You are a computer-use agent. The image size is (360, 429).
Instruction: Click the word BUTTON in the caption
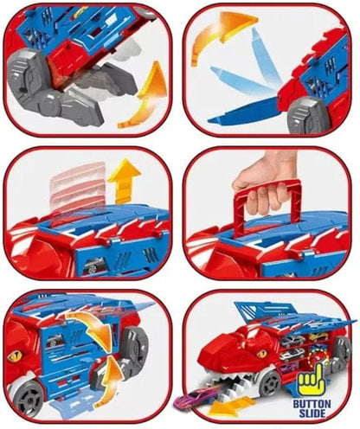(x=312, y=403)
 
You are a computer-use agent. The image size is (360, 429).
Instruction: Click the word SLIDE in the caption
(x=312, y=413)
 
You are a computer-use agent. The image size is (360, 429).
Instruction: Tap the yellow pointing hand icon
(x=312, y=378)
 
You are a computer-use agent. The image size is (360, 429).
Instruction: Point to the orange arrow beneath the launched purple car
(x=227, y=406)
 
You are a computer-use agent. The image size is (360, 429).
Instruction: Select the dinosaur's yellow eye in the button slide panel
(x=262, y=353)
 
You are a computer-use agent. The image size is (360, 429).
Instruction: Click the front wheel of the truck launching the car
(x=270, y=384)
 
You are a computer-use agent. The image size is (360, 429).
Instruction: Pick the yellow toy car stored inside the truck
(x=318, y=336)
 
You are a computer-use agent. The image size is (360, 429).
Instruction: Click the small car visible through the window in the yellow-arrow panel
(x=93, y=265)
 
